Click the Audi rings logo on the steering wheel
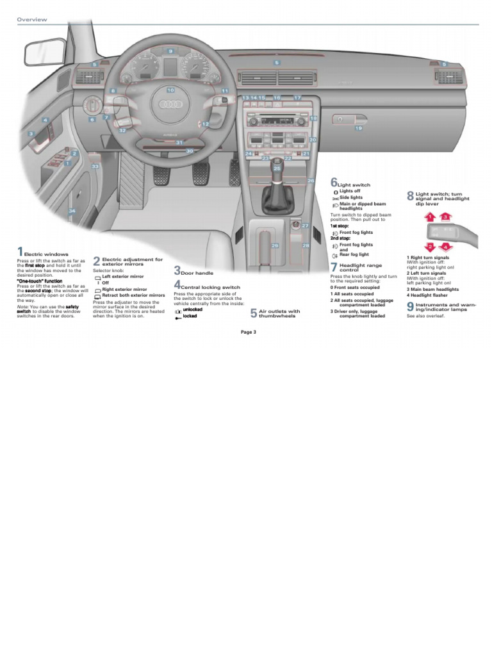pos(170,107)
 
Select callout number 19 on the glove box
pos(358,128)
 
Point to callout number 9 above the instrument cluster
pos(170,51)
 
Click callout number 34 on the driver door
pos(72,211)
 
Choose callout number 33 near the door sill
pos(95,167)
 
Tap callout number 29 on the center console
pos(275,245)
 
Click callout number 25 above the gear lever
pos(277,168)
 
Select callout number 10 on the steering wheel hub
pos(170,90)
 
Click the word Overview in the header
pos(32,20)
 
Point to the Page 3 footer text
pos(249,332)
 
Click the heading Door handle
pos(197,273)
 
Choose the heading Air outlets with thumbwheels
pos(279,313)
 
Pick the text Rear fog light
pos(354,254)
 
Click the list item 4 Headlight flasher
pos(432,295)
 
